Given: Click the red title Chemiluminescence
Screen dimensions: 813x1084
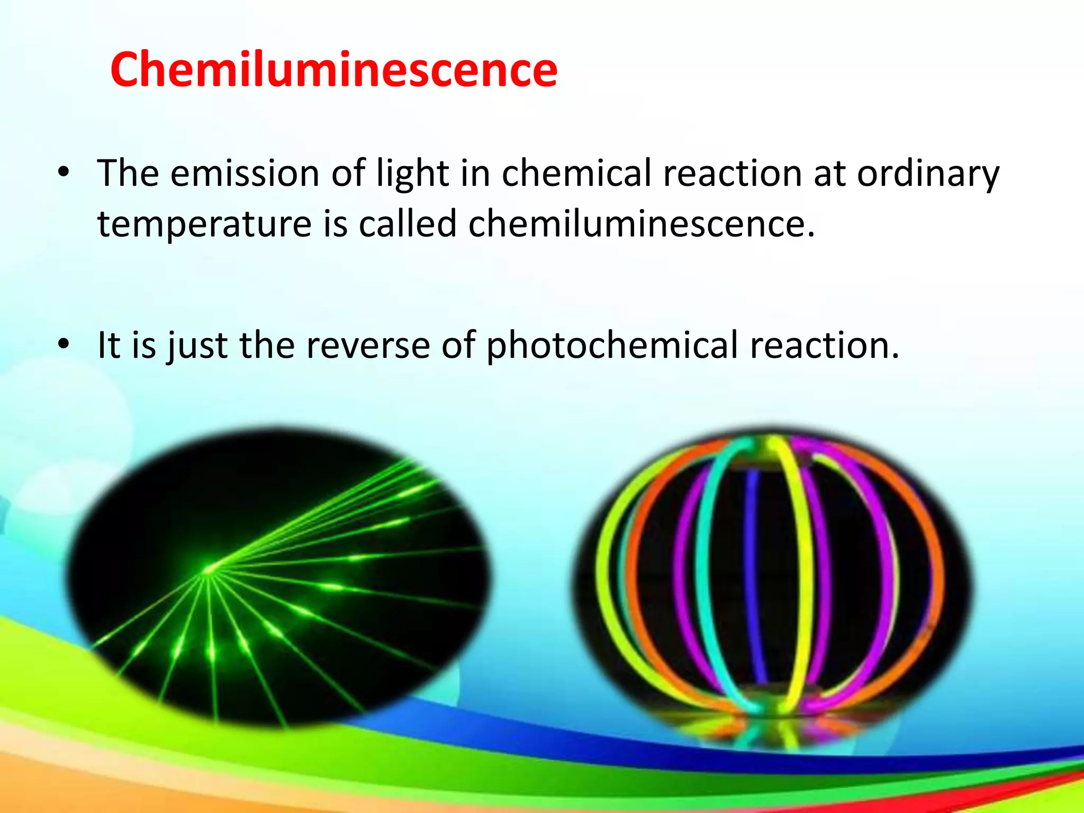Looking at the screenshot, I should click(333, 70).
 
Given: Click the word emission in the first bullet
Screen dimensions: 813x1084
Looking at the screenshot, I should click(245, 174).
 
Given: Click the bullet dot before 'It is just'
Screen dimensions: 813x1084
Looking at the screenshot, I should click(64, 345).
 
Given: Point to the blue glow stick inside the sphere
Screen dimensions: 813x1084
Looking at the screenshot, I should click(754, 572).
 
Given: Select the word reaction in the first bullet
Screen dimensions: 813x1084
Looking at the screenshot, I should click(732, 174).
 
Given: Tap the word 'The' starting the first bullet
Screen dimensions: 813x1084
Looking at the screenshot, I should click(128, 174).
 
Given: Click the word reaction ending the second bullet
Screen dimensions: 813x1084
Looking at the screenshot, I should click(824, 345).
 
